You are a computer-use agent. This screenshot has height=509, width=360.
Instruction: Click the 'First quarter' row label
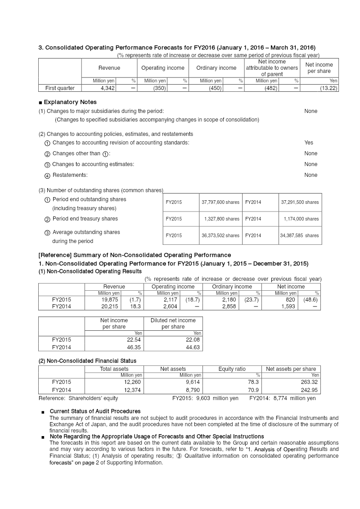click(x=60, y=88)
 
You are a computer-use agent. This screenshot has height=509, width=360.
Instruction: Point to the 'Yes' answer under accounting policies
click(x=309, y=143)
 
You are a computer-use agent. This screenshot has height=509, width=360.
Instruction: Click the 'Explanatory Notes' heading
click(x=70, y=102)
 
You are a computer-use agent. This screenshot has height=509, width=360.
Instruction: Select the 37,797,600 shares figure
click(x=220, y=203)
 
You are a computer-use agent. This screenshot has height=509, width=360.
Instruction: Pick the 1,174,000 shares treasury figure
click(x=301, y=219)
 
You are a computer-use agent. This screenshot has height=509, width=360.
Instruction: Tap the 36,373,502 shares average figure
click(x=220, y=235)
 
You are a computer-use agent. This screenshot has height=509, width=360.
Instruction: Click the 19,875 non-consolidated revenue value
click(x=110, y=299)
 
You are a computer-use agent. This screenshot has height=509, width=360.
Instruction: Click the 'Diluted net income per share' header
click(x=173, y=324)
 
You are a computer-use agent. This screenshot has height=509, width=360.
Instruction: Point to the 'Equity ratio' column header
click(x=232, y=369)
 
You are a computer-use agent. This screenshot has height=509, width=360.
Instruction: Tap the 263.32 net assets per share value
click(x=309, y=382)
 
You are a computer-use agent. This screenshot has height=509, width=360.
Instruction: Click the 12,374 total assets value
click(x=133, y=390)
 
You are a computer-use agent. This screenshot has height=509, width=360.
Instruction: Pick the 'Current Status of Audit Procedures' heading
click(x=95, y=411)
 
